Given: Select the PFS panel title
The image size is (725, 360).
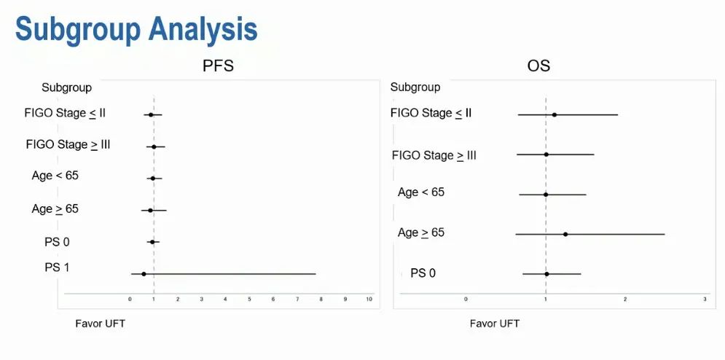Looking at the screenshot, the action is (218, 66).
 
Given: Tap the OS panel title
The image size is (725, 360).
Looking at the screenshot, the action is (538, 66).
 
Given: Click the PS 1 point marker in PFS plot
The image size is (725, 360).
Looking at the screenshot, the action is (144, 274).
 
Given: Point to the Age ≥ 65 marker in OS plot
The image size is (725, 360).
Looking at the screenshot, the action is (565, 234).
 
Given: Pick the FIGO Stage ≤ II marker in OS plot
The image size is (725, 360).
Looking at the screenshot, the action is (554, 114).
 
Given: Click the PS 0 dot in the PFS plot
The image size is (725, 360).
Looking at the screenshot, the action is (152, 241).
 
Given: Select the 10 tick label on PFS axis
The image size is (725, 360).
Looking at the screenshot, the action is (369, 300).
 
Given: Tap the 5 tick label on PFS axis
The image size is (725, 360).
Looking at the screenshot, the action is (249, 300).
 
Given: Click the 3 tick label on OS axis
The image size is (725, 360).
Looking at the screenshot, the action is (705, 300).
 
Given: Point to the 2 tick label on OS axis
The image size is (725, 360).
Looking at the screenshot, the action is (625, 300).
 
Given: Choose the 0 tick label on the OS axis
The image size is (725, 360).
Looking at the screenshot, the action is (466, 300).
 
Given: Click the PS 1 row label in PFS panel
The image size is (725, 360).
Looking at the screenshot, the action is (57, 267).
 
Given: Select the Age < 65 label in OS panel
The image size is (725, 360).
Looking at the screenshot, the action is (420, 192).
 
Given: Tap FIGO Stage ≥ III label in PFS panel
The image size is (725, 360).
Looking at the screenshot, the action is (68, 145).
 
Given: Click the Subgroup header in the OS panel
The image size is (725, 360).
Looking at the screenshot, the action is (415, 87).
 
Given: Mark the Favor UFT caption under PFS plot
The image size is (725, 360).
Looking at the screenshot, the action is (101, 324).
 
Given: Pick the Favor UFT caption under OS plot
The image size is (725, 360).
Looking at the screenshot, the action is (495, 324).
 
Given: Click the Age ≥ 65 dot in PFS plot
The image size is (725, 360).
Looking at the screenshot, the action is (150, 210).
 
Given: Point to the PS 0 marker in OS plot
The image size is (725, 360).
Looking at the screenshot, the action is (547, 274).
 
